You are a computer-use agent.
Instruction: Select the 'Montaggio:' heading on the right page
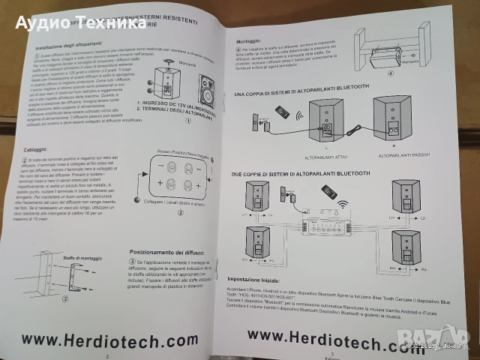pos(250,42)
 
